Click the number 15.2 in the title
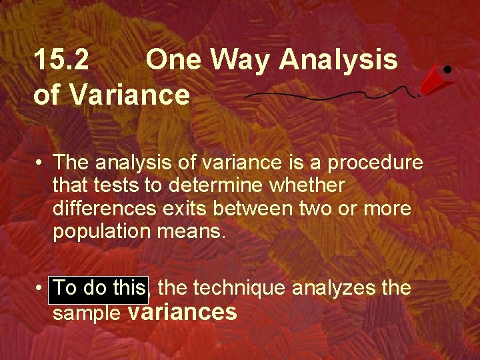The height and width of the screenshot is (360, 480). (x=61, y=61)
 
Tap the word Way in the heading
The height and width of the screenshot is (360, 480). (x=240, y=61)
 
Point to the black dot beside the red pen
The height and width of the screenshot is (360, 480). (x=447, y=69)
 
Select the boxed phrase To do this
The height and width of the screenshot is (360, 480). (x=98, y=288)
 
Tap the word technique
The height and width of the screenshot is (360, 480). (x=237, y=288)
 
